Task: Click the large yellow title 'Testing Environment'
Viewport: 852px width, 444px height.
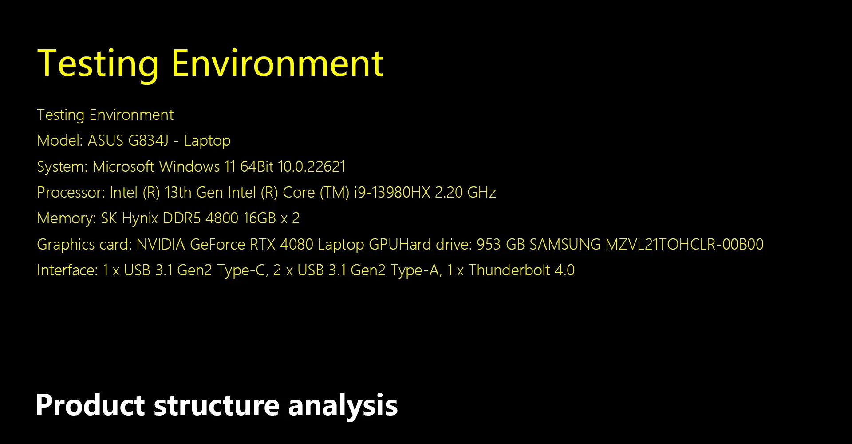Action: tap(210, 65)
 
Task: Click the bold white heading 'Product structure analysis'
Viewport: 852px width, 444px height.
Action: tap(217, 405)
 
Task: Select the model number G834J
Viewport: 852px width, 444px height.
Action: tap(148, 140)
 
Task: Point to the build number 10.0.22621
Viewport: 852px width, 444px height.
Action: tap(312, 166)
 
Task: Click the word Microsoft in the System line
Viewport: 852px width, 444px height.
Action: tap(123, 166)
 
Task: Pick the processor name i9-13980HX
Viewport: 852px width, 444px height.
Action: tap(392, 192)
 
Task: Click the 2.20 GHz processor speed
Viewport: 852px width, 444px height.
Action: tap(465, 192)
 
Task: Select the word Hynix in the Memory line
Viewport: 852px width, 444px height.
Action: tap(140, 218)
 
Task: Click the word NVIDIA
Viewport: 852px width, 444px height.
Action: tap(161, 244)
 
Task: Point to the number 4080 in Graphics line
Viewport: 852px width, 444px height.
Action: tap(296, 244)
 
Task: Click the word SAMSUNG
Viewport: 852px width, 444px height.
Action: tap(565, 244)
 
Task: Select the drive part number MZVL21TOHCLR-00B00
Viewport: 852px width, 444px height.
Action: tap(685, 244)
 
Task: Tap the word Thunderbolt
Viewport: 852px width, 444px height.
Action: tap(509, 270)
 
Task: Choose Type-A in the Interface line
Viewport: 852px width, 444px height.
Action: tap(416, 270)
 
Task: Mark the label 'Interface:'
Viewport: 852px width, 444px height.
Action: tap(67, 270)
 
